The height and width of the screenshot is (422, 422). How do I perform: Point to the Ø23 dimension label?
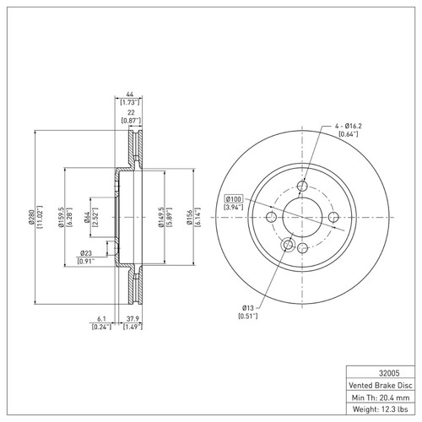click(x=85, y=253)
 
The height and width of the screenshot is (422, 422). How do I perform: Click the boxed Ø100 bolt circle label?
click(x=233, y=199)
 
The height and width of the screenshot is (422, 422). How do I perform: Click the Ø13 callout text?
click(x=248, y=307)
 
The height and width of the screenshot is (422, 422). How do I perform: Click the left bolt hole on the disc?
click(x=270, y=218)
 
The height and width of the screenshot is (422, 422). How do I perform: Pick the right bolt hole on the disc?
click(x=333, y=218)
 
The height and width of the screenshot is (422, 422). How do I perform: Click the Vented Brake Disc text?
click(x=380, y=383)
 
